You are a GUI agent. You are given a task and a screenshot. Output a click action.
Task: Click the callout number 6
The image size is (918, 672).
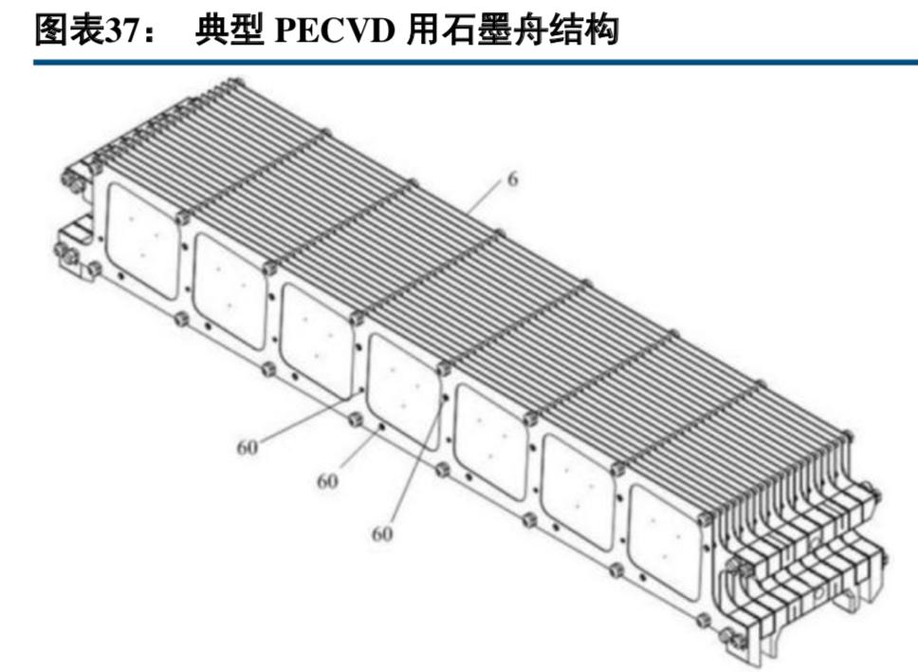pyautogui.click(x=512, y=178)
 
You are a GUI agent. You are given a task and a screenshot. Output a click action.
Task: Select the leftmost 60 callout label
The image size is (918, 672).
pyautogui.click(x=248, y=446)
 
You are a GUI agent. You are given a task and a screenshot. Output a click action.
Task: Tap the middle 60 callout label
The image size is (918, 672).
pyautogui.click(x=327, y=481)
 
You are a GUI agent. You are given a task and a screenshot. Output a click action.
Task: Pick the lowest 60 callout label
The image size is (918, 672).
pyautogui.click(x=382, y=534)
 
